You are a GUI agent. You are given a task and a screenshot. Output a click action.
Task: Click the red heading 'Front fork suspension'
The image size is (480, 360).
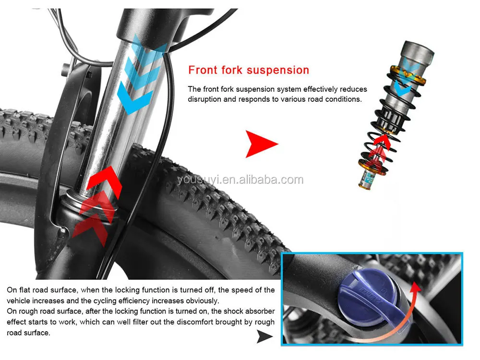coord(249,70)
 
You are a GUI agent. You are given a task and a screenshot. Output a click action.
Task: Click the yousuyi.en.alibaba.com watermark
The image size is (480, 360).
coord(240,180)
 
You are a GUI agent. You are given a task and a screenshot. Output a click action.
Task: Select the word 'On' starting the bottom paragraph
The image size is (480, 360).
coord(12,290)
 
